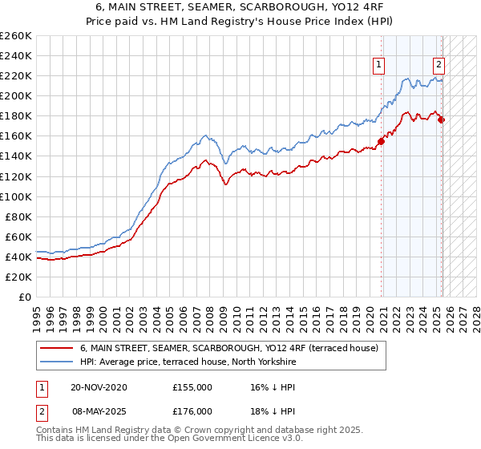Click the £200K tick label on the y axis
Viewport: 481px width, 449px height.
pyautogui.click(x=15, y=95)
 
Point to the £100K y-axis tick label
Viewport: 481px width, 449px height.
pyautogui.click(x=15, y=196)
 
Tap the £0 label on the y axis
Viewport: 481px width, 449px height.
pyautogui.click(x=25, y=297)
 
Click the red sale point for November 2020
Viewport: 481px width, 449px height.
pyautogui.click(x=382, y=141)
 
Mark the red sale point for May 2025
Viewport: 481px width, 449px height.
pyautogui.click(x=442, y=120)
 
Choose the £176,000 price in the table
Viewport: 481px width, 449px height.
pyautogui.click(x=192, y=411)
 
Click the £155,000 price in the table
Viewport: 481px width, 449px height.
pyautogui.click(x=192, y=387)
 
